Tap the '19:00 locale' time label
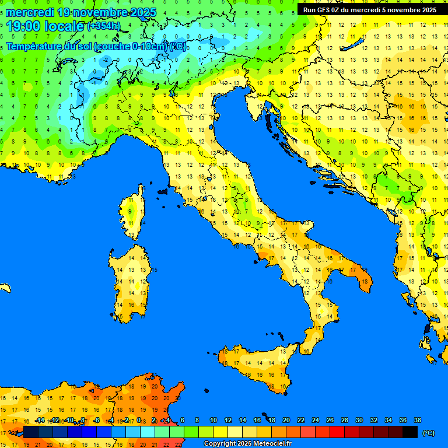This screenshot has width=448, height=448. (x=45, y=26)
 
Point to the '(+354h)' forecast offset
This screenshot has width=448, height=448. (x=103, y=26)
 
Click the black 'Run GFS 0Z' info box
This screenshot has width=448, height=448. (x=369, y=9)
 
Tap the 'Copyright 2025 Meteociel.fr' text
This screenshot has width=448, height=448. (x=247, y=443)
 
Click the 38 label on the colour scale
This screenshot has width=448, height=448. (x=417, y=420)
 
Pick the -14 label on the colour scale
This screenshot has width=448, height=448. (x=40, y=420)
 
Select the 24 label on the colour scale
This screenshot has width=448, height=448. (x=315, y=420)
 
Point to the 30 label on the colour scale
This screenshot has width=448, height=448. (x=359, y=420)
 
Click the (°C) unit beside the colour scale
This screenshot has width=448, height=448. (x=429, y=433)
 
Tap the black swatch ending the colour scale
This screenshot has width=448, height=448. (x=410, y=432)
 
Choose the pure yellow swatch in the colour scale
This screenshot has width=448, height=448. (x=220, y=432)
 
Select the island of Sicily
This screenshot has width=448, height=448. (x=257, y=367)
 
